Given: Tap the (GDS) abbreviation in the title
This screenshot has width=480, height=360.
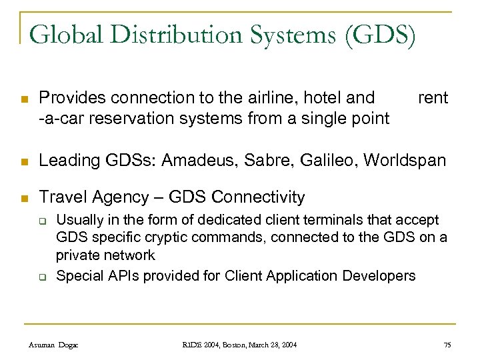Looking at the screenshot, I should point(380,35).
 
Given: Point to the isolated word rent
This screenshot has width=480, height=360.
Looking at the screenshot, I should point(433,99).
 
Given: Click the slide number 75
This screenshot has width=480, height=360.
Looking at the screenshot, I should point(447,344).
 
